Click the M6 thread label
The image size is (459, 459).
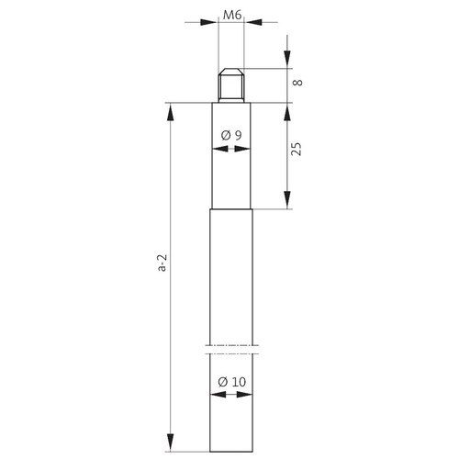232,15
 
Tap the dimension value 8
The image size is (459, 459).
297,83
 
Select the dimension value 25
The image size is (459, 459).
297,149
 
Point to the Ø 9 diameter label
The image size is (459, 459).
231,135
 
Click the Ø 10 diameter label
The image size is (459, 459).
232,382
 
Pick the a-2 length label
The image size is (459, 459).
162,263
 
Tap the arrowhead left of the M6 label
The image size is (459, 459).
208,22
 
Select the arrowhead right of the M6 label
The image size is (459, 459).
254,22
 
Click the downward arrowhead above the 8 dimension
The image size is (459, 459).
287,60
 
